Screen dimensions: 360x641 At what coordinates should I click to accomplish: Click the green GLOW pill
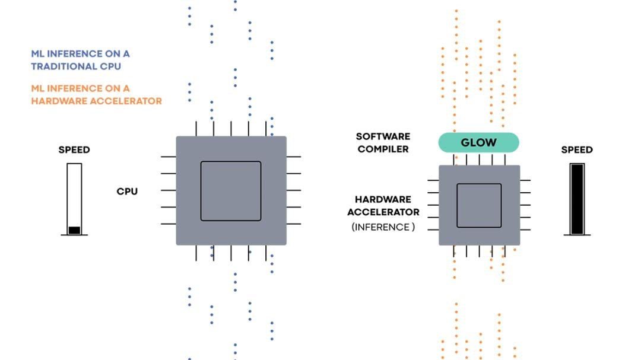pos(478,142)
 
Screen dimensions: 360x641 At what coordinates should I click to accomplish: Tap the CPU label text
pos(127,192)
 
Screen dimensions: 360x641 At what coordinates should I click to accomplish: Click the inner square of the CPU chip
pos(230,191)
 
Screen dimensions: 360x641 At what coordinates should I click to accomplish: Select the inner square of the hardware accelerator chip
pos(479,205)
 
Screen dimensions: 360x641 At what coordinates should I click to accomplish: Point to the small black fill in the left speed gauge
pos(74,230)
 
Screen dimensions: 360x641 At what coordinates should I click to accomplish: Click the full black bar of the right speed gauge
pos(577,199)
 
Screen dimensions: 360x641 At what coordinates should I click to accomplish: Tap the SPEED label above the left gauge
pos(74,150)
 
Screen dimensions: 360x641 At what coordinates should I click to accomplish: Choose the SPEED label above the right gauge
pos(577,150)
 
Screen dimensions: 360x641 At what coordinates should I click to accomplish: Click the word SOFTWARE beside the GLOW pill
pos(383,137)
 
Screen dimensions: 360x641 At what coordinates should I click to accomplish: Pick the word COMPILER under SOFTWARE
pos(383,149)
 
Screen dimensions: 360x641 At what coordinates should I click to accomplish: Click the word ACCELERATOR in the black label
pos(383,212)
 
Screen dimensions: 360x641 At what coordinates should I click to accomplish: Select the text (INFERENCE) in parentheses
pos(383,227)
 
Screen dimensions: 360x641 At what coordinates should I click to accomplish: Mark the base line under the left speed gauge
pos(74,235)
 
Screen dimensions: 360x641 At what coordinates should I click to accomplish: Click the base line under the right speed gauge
pos(577,235)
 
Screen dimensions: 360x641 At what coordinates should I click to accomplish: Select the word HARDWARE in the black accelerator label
pos(383,200)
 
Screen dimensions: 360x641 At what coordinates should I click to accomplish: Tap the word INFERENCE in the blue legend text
pos(75,53)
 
